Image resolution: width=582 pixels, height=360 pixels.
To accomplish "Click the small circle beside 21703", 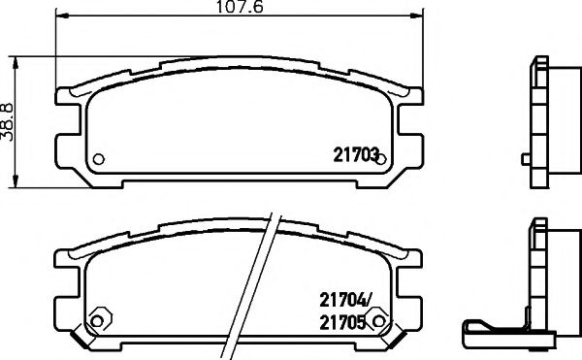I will (x=381, y=159).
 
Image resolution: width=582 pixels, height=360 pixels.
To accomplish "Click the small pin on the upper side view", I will (x=525, y=158).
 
